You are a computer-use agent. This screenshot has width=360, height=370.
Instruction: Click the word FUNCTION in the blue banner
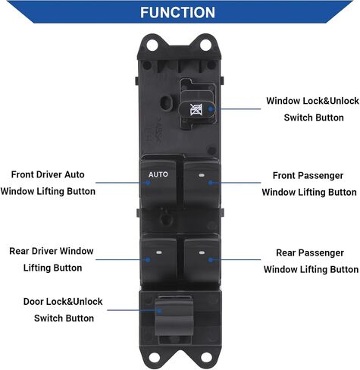[x=177, y=12]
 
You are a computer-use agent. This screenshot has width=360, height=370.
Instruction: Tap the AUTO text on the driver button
[x=158, y=174]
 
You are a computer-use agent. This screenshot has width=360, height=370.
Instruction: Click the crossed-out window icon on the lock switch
[x=196, y=110]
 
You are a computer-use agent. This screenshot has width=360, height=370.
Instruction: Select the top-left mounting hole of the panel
[x=152, y=45]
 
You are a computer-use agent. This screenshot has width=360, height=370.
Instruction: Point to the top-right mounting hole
[x=205, y=45]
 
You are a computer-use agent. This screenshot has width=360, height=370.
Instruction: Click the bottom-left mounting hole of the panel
[x=154, y=358]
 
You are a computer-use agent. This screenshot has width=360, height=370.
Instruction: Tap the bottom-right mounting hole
[x=206, y=358]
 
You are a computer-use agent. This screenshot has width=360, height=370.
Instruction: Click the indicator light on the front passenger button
[x=202, y=175]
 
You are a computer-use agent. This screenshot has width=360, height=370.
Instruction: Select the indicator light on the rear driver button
[x=159, y=252]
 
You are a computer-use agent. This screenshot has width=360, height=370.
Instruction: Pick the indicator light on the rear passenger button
[x=202, y=252]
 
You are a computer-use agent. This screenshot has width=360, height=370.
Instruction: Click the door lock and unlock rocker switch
[x=174, y=315]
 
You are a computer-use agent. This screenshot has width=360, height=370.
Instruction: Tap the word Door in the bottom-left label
[x=33, y=302]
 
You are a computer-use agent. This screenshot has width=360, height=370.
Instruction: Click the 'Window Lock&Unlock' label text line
[x=312, y=101]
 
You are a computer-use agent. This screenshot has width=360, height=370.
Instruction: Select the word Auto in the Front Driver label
[x=74, y=174]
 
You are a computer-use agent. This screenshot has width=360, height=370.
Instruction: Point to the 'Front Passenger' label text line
[x=308, y=176]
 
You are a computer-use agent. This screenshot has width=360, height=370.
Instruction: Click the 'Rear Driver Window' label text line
[x=52, y=251]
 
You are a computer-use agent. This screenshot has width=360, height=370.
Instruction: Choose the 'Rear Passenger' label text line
[x=310, y=252]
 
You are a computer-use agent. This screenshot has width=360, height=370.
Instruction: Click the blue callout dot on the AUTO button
[x=148, y=183]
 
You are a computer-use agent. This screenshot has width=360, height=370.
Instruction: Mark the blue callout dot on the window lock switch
[x=210, y=109]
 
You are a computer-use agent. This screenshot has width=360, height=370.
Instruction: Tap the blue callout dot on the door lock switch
[x=159, y=310]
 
